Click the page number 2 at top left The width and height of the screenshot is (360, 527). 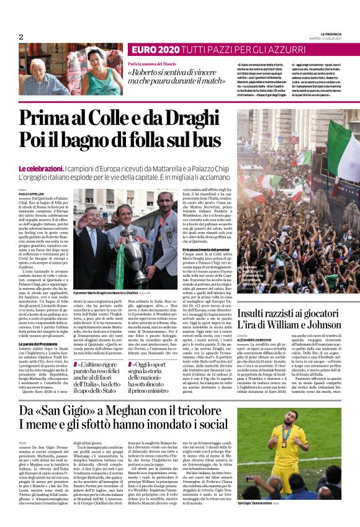[20, 37]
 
